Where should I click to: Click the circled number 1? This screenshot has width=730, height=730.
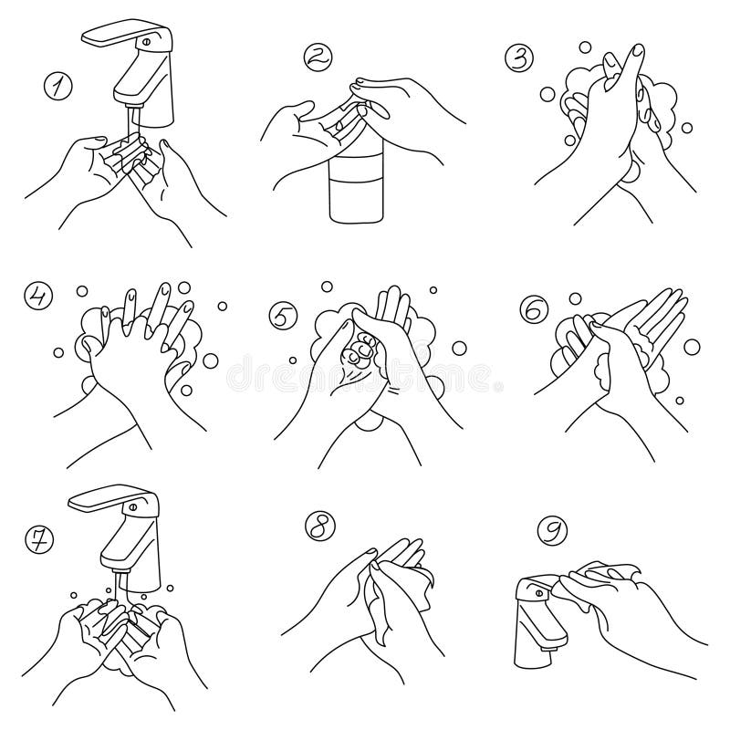point(58,88)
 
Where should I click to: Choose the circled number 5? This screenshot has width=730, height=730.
point(282,317)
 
